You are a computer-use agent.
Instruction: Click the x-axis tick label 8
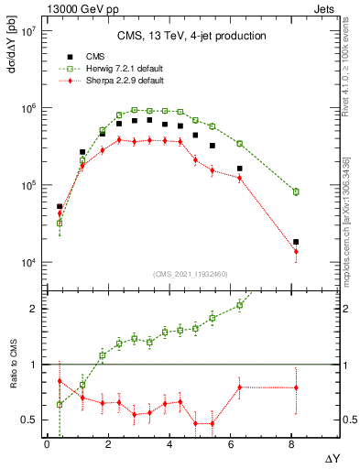click(x=292, y=444)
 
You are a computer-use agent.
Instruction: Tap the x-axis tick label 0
click(x=47, y=444)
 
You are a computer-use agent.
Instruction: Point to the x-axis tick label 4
click(x=169, y=444)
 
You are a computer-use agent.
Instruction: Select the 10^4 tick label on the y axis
click(x=27, y=263)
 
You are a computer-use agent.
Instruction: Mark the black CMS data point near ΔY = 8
click(x=296, y=242)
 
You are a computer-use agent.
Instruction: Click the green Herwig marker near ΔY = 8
click(x=296, y=191)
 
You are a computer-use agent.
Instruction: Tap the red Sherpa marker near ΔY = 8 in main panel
click(x=296, y=251)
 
